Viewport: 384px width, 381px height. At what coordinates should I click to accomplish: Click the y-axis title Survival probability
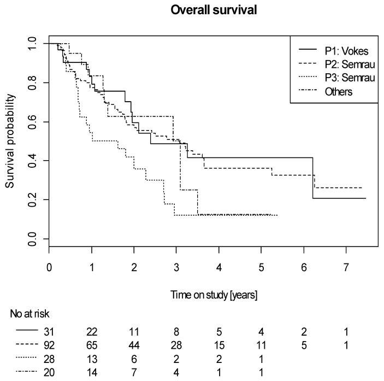pos(11,141)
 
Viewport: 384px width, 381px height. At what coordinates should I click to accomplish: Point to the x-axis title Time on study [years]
pos(212,295)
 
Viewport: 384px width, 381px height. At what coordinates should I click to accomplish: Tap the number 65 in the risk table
pos(92,345)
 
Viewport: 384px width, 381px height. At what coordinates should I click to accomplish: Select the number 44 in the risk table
pos(134,345)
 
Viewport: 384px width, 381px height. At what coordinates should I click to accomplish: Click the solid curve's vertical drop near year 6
pos(313,178)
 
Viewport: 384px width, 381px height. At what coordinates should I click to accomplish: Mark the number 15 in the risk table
pos(218,345)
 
